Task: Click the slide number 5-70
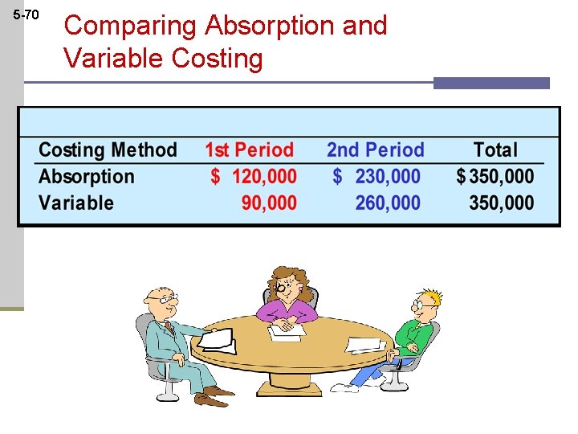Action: tap(26, 14)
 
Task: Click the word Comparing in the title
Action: tap(131, 26)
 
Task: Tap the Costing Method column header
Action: tap(108, 150)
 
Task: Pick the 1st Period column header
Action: tap(249, 150)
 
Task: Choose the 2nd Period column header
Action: tap(375, 150)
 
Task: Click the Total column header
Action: tap(495, 150)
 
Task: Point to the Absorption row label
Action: tap(87, 177)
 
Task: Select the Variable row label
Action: tap(76, 203)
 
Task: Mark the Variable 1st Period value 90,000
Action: tap(269, 203)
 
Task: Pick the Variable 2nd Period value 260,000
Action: tap(388, 203)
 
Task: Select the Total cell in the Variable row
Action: tap(501, 203)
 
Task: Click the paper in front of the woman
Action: tap(286, 330)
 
